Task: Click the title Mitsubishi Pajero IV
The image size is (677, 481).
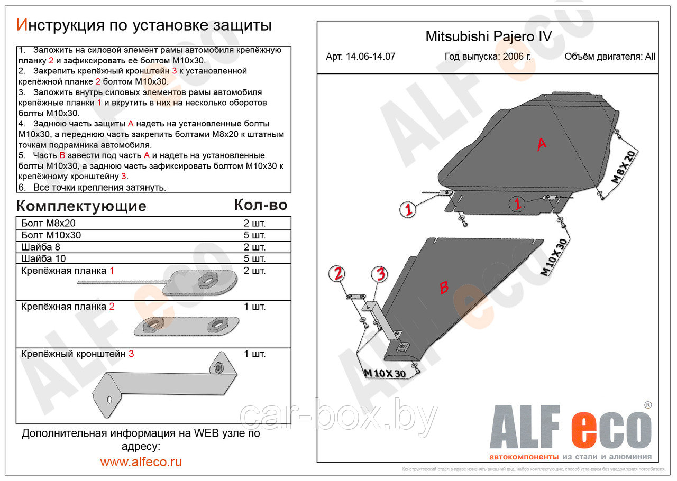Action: [x=488, y=36]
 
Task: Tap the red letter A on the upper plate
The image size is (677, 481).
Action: [x=541, y=144]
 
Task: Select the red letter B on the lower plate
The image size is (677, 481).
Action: [x=444, y=288]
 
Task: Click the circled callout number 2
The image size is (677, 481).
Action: [x=338, y=274]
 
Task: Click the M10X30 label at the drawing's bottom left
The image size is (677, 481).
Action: [x=384, y=373]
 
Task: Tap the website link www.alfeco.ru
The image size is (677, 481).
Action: [x=141, y=461]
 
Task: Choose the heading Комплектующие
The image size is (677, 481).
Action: [x=81, y=206]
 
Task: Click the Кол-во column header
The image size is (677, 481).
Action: [x=260, y=205]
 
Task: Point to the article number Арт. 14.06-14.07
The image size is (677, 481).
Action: [x=360, y=57]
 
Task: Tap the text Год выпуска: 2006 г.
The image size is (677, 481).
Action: [x=488, y=57]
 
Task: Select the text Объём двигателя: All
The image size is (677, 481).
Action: [x=609, y=57]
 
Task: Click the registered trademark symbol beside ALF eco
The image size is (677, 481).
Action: [x=648, y=405]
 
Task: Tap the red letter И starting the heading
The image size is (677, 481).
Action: [x=22, y=25]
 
